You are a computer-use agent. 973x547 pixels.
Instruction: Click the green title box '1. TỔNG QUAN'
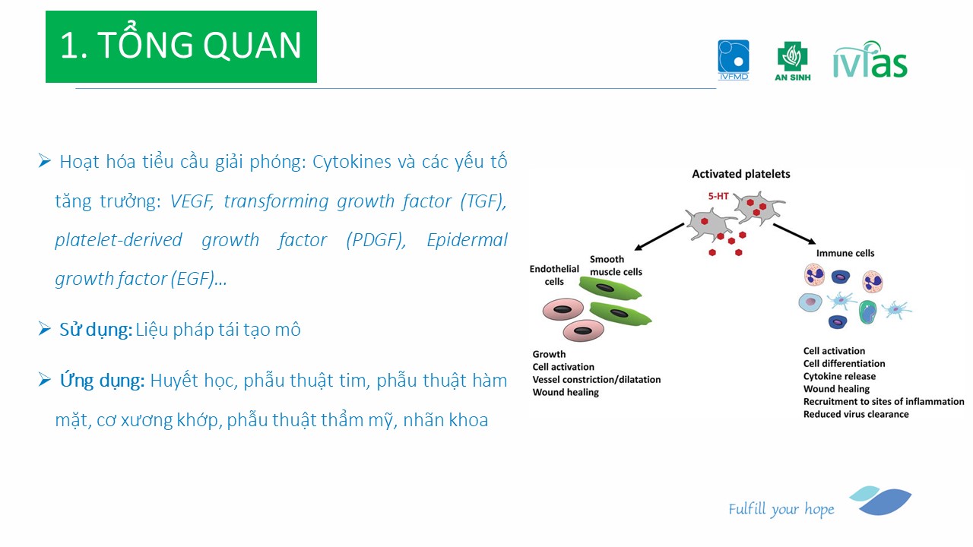point(181,46)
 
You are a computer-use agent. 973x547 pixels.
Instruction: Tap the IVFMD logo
point(734,60)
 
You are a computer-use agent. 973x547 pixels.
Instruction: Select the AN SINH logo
point(793,62)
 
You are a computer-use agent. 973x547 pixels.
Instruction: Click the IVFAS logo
point(870,59)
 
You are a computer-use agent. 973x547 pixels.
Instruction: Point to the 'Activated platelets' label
point(740,174)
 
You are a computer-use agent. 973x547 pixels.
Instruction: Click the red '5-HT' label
point(718,196)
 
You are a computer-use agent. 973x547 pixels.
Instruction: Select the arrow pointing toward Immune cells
point(794,233)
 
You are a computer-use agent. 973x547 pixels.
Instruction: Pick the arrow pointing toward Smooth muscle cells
point(659,236)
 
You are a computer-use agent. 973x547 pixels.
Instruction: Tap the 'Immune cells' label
point(845,253)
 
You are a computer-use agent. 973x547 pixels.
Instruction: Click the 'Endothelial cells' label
point(554,275)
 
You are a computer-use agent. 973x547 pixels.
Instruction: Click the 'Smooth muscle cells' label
point(616,265)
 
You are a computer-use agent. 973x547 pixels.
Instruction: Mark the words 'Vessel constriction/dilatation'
point(597,379)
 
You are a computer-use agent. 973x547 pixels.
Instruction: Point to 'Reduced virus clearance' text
point(856,414)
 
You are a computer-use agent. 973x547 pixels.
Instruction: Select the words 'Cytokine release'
point(839,376)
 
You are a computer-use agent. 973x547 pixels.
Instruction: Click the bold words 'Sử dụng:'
point(96,330)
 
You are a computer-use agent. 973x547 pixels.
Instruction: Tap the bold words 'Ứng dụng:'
point(102,381)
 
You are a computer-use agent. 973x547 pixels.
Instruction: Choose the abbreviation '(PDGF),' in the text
point(376,240)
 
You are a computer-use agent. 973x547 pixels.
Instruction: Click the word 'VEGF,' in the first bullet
point(192,201)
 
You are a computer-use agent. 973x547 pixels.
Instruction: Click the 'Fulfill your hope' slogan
point(781,509)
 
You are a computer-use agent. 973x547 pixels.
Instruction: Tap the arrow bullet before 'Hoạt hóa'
point(45,160)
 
